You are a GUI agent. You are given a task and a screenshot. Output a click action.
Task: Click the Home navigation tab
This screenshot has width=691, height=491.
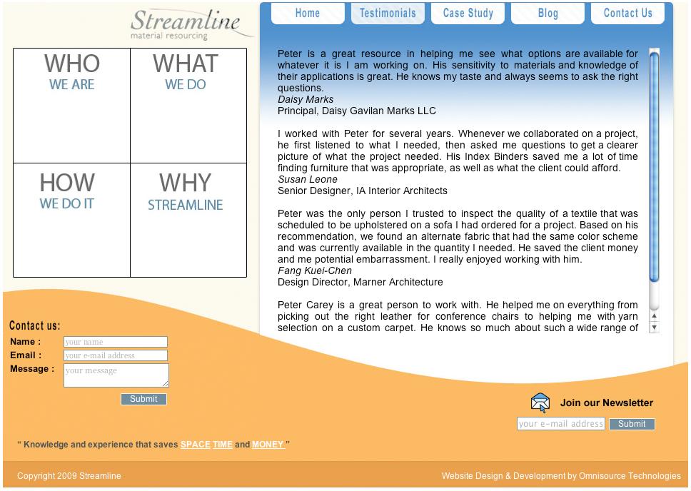(307, 13)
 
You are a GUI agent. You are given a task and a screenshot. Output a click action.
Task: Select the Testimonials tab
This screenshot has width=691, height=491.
(388, 13)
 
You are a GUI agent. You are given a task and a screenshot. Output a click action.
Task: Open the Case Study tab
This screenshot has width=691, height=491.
(468, 13)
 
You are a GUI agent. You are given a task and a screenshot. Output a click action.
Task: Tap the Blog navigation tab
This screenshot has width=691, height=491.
(548, 13)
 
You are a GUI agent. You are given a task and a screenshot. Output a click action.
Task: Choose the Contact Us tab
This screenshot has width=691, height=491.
(627, 13)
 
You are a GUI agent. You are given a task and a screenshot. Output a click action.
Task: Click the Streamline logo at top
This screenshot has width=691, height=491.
(185, 24)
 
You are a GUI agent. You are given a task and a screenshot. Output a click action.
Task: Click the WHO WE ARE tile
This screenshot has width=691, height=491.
(71, 105)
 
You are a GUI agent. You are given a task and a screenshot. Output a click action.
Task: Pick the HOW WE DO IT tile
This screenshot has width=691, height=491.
(71, 220)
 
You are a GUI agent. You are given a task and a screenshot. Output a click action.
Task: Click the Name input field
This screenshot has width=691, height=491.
(116, 342)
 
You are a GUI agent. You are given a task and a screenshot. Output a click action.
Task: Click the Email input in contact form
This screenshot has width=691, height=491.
(116, 355)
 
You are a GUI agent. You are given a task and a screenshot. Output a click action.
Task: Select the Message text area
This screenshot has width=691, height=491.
(116, 375)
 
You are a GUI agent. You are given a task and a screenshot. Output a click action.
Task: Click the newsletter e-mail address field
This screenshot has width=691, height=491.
(560, 424)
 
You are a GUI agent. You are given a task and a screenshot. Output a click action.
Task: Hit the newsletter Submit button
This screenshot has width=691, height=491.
(632, 424)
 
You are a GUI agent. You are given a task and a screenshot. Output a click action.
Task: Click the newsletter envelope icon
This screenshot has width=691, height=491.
(540, 403)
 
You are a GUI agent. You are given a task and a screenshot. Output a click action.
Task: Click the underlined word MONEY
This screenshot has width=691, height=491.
(268, 445)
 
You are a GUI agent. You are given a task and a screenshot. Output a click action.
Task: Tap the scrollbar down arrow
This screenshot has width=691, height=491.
(654, 328)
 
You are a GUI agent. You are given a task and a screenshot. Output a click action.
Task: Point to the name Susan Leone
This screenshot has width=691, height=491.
(308, 179)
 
